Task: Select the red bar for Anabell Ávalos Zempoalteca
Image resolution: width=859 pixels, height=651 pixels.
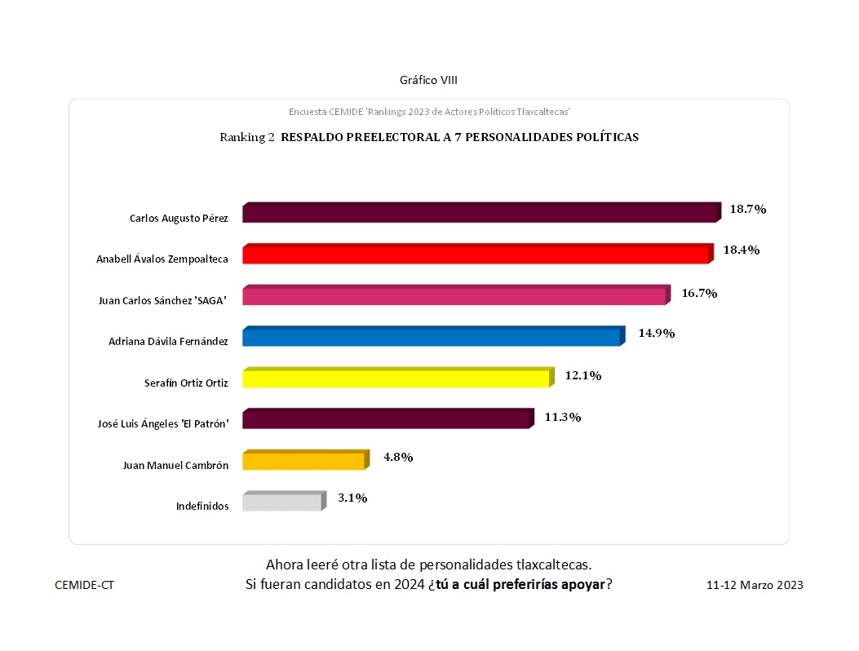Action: pos(477,254)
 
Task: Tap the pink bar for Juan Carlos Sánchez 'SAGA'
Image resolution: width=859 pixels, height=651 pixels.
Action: pos(455,295)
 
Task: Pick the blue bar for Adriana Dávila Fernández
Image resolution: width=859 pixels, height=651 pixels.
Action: pos(432,336)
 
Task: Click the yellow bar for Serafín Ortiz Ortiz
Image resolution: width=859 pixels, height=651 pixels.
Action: pos(397,378)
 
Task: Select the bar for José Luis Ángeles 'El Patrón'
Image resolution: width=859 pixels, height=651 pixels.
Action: pos(387,418)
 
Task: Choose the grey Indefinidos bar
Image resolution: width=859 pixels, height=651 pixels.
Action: pos(283,501)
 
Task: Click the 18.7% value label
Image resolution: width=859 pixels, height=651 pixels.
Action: pos(747,209)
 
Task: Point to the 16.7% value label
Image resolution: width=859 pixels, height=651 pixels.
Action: pos(699,293)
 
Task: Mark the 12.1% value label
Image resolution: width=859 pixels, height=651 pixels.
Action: pos(583,375)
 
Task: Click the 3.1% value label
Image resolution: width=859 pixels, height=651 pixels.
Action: pos(352,498)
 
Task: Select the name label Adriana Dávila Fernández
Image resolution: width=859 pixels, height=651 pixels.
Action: pos(168,341)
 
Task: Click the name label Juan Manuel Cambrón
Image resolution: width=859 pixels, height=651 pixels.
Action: pos(175,465)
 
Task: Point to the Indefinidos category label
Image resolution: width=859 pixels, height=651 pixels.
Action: pos(202,506)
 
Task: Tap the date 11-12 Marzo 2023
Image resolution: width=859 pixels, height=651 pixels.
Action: pos(755,585)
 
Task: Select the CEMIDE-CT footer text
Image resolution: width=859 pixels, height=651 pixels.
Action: pos(84,585)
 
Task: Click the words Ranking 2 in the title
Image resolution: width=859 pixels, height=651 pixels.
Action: pos(247,137)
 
